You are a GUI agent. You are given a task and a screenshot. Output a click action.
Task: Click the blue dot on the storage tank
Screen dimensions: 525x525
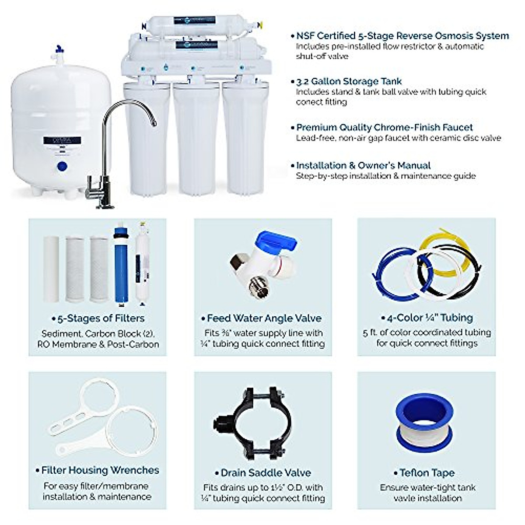point(62,166)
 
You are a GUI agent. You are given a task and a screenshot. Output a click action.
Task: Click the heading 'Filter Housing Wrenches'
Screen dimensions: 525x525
point(100,470)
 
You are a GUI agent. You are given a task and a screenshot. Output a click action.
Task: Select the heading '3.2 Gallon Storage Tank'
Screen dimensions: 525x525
point(349,81)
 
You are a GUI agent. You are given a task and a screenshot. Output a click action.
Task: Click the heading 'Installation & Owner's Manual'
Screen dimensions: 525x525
point(363,165)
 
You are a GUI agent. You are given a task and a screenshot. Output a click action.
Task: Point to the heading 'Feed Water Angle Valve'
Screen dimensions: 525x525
point(264,318)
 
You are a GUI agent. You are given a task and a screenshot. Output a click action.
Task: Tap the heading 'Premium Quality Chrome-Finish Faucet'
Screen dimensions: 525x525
point(385,127)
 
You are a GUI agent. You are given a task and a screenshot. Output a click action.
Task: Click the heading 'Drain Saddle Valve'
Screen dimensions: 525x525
point(266,472)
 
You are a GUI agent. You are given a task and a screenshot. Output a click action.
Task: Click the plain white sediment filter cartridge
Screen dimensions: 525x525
point(51,269)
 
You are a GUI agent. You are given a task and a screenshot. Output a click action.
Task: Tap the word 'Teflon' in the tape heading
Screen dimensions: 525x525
point(414,472)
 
